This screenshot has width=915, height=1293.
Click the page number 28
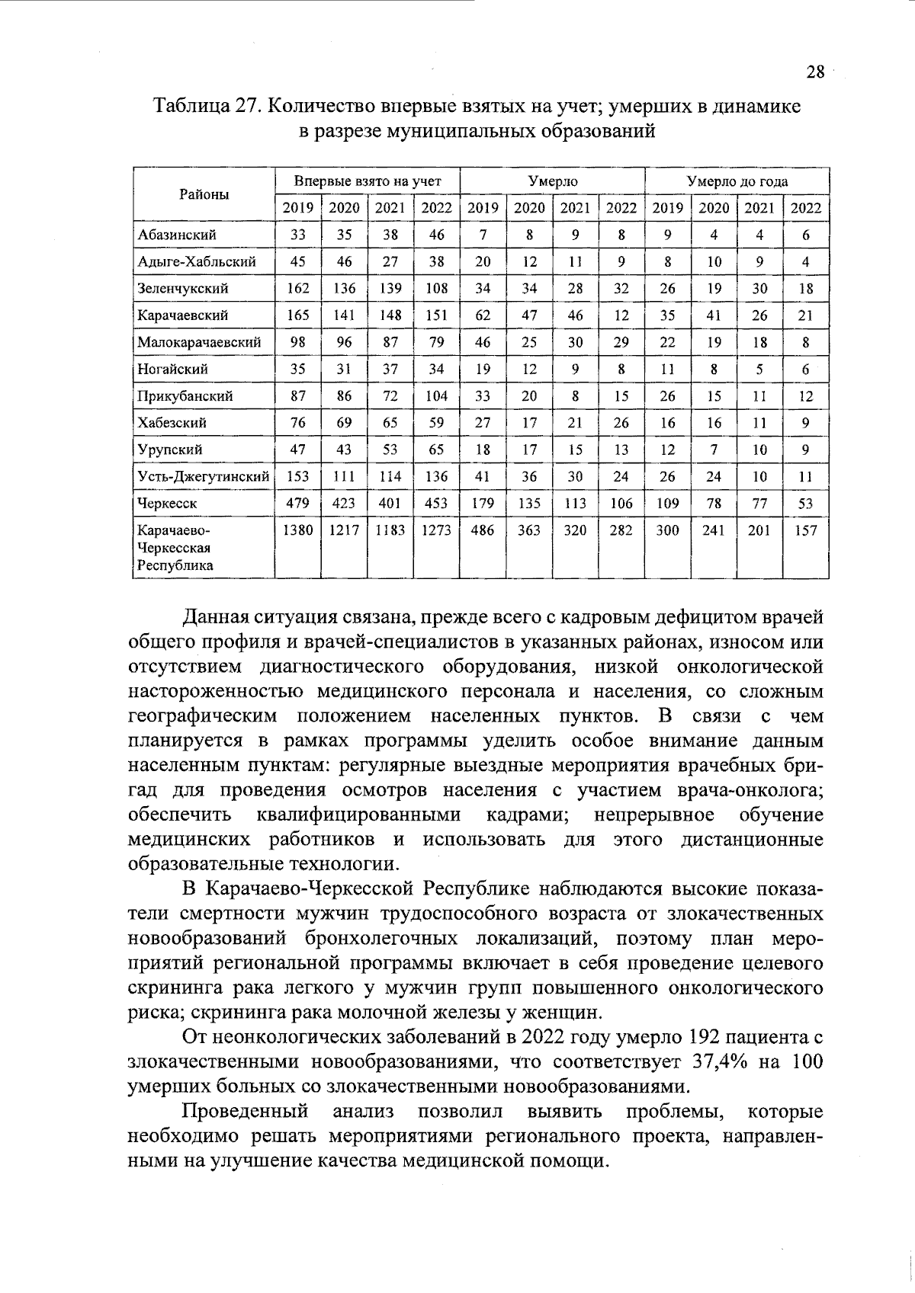tap(815, 72)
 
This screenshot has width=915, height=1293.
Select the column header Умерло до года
tap(737, 181)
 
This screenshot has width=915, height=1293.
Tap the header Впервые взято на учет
tap(368, 181)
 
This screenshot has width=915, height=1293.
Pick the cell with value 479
tap(297, 504)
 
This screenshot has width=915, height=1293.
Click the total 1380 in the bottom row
tap(297, 531)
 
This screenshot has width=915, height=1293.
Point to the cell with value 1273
tap(436, 531)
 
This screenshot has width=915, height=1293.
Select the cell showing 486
tap(483, 531)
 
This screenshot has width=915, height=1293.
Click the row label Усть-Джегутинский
tap(203, 477)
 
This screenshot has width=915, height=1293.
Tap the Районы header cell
tap(204, 194)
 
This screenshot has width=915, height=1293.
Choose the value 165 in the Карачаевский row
tap(297, 315)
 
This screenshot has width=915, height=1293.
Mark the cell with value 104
tap(436, 396)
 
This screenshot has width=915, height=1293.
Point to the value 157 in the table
tap(805, 531)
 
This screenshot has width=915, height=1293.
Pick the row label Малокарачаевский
tap(199, 342)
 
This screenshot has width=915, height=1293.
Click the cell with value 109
tap(667, 504)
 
